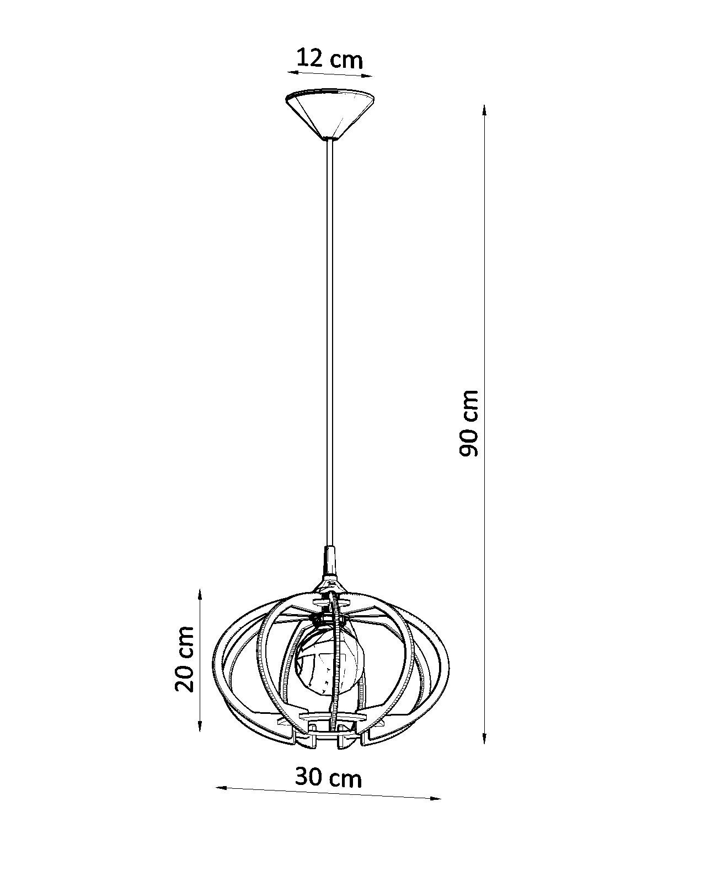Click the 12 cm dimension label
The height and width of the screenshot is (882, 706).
pyautogui.click(x=329, y=58)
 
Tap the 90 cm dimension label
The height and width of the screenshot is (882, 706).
pyautogui.click(x=468, y=423)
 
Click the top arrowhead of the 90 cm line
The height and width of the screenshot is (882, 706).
pyautogui.click(x=484, y=111)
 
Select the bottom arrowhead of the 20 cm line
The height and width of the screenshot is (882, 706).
pyautogui.click(x=200, y=725)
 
